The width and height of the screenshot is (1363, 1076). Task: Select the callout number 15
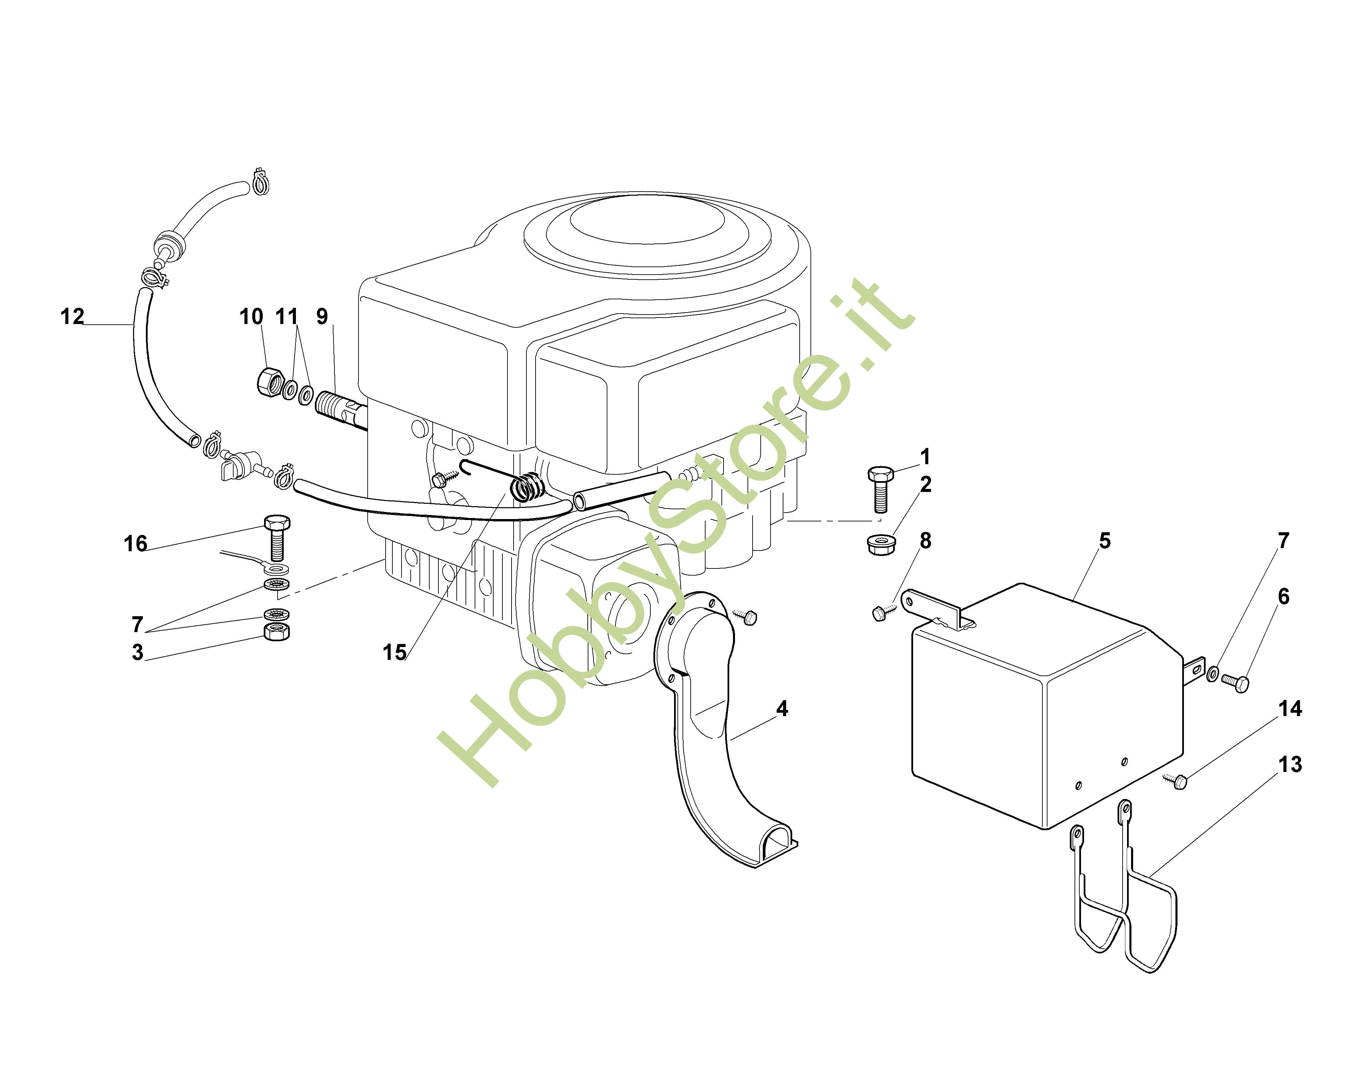pyautogui.click(x=395, y=653)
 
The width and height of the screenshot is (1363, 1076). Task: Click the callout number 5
pyautogui.click(x=1105, y=540)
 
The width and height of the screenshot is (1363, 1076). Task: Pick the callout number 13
pyautogui.click(x=1290, y=764)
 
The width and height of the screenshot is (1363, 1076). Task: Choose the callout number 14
pyautogui.click(x=1290, y=709)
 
